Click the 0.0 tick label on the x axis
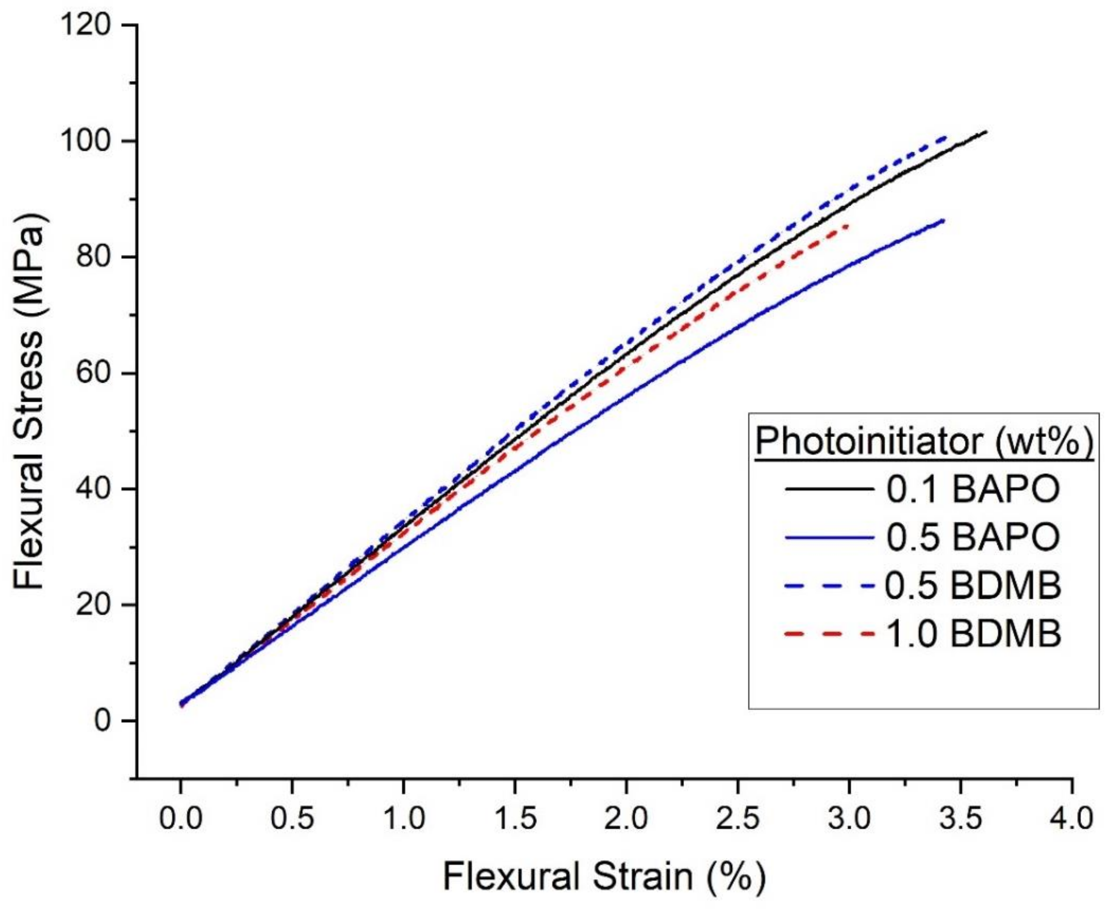coord(181,818)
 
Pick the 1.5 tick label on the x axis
coord(515,818)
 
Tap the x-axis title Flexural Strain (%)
coord(604,877)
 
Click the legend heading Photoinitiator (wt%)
coord(924,441)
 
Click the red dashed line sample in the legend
coord(830,634)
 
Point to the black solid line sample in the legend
coord(830,489)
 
